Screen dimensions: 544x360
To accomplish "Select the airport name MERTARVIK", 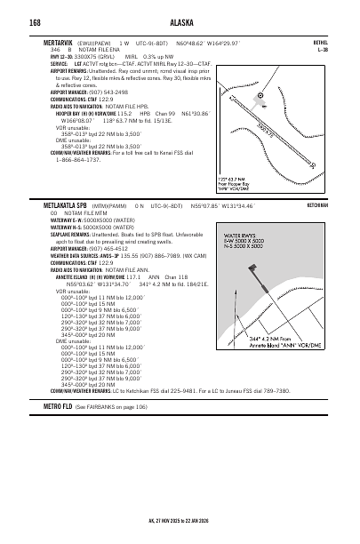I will pyautogui.click(x=60, y=42).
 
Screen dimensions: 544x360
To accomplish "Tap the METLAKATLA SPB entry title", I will pyautogui.click(x=68, y=204).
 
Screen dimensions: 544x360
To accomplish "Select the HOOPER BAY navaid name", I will pyautogui.click(x=72, y=114).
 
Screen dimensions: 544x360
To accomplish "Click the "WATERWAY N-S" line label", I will pyautogui.click(x=71, y=227).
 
